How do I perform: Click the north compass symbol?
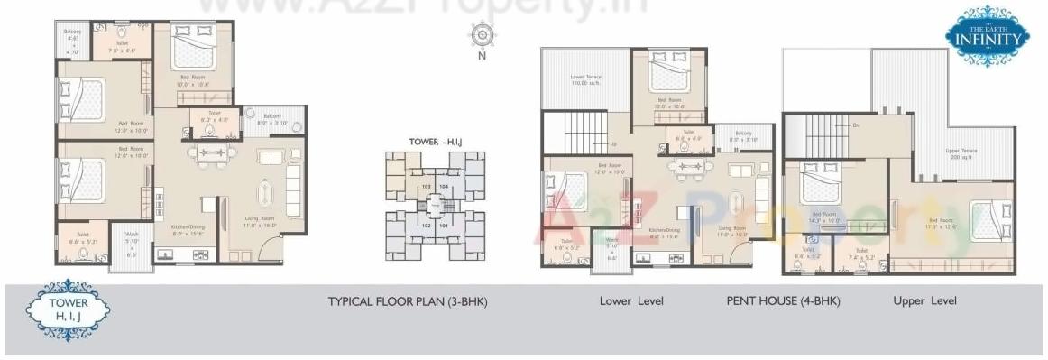tap(482, 34)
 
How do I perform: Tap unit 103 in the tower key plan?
tap(425, 187)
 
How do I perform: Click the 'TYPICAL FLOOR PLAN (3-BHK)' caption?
tap(407, 301)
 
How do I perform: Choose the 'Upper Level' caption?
tap(925, 301)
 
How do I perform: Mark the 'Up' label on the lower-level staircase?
tap(613, 144)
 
